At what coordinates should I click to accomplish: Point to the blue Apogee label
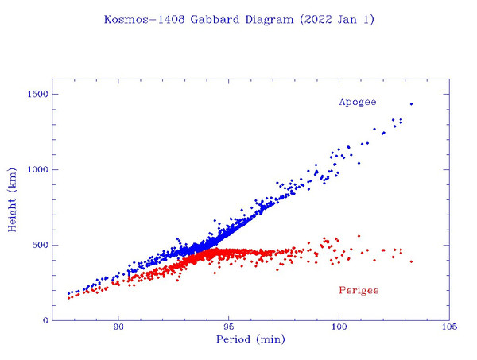pyautogui.click(x=358, y=102)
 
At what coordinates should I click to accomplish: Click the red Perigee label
pyautogui.click(x=359, y=290)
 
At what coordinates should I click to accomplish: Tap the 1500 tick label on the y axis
pyautogui.click(x=36, y=95)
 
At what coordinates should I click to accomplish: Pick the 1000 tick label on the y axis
pyautogui.click(x=36, y=170)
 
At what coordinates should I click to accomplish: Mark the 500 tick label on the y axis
pyautogui.click(x=38, y=245)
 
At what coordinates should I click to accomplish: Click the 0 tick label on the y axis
pyautogui.click(x=45, y=320)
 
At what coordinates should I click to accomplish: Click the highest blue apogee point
pyautogui.click(x=411, y=104)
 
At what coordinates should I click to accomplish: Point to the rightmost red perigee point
pyautogui.click(x=411, y=261)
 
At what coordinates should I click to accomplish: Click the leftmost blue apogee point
pyautogui.click(x=69, y=294)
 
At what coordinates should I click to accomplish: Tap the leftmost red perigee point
pyautogui.click(x=69, y=298)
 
